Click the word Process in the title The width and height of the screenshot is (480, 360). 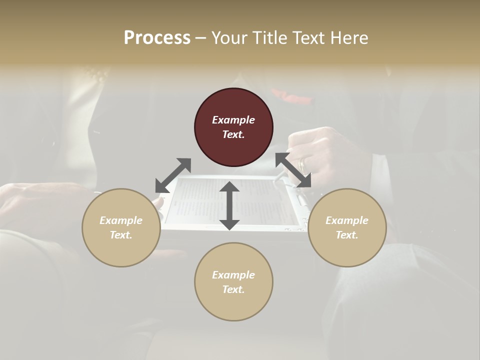[157, 38]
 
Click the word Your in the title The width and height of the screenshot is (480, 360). [230, 38]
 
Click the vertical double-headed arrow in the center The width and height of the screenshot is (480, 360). [229, 205]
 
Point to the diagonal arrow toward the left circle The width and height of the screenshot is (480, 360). [173, 175]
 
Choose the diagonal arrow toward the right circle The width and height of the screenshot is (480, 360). [293, 170]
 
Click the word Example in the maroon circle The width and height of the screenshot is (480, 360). [233, 120]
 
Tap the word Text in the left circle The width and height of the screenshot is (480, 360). [121, 235]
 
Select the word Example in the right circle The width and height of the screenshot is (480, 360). [347, 220]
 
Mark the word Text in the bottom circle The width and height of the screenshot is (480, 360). [233, 289]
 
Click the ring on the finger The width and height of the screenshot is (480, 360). [301, 163]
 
